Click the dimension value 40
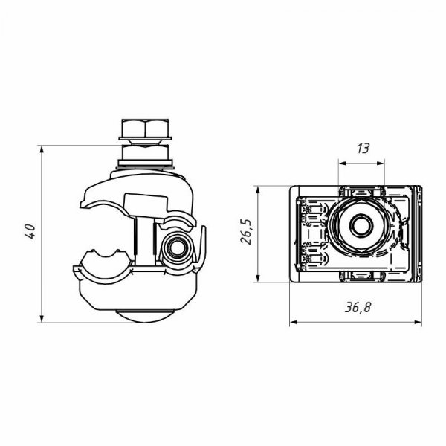point(30,231)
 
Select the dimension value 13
point(363,149)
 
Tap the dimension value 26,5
point(245,232)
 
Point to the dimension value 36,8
point(358,307)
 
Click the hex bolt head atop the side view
point(145,128)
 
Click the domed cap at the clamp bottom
point(144,316)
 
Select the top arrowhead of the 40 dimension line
point(42,150)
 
